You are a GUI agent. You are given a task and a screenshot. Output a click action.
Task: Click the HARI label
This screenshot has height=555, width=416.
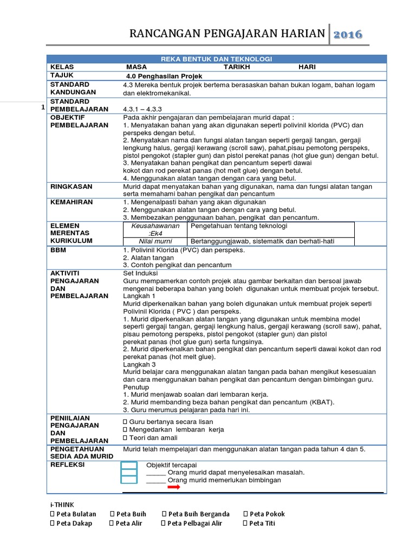click(307, 67)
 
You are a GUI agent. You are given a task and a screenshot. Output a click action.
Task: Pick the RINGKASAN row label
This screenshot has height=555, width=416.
click(71, 186)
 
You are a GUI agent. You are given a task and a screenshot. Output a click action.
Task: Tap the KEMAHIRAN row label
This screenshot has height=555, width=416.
click(71, 202)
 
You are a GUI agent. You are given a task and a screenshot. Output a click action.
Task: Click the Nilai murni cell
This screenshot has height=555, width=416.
click(155, 241)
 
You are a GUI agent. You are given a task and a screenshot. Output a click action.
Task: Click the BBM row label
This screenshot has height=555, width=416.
click(58, 250)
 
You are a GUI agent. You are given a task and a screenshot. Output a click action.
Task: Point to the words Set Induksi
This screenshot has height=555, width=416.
click(139, 274)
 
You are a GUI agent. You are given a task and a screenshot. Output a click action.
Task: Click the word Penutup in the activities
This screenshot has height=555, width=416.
click(136, 388)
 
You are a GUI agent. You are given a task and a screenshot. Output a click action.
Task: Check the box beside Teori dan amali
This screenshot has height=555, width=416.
click(125, 437)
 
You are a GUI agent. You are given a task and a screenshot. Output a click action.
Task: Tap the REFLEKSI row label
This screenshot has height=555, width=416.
click(68, 464)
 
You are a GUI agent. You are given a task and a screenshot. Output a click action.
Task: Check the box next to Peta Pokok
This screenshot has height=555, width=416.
click(246, 514)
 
